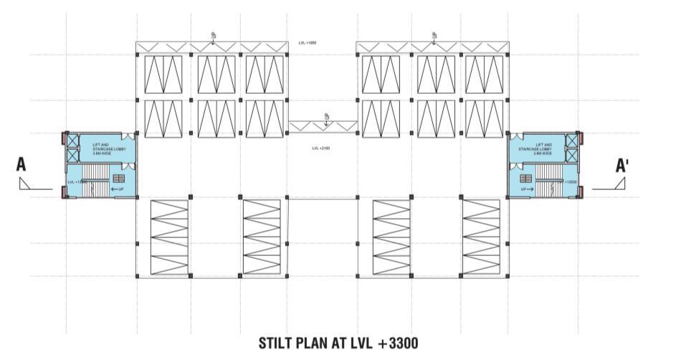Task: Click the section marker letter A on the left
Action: click(x=22, y=164)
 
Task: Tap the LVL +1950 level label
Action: click(x=308, y=44)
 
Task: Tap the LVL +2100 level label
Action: click(x=320, y=148)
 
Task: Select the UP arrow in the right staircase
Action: click(x=528, y=189)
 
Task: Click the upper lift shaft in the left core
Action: click(x=72, y=140)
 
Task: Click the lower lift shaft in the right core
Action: click(x=571, y=156)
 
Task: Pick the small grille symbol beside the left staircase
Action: click(x=118, y=178)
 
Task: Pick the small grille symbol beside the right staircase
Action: click(x=526, y=178)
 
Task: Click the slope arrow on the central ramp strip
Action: click(x=326, y=119)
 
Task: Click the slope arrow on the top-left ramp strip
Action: click(x=214, y=37)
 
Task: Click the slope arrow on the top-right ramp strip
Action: click(x=434, y=37)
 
